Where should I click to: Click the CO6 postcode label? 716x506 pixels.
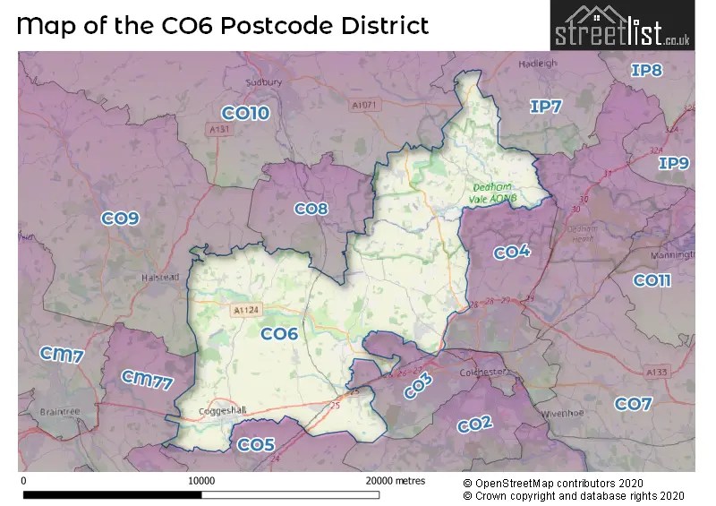click(x=278, y=334)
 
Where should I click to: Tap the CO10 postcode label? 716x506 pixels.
click(x=245, y=113)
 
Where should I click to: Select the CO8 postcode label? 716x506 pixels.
click(x=311, y=209)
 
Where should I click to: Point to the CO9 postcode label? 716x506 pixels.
click(x=120, y=218)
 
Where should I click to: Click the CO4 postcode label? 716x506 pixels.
click(x=512, y=253)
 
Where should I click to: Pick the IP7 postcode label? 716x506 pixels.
click(x=545, y=107)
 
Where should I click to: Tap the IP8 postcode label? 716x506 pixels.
click(x=646, y=70)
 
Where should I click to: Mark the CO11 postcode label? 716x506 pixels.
click(x=652, y=280)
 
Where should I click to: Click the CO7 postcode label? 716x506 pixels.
click(x=633, y=404)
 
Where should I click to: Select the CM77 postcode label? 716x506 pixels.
click(x=146, y=381)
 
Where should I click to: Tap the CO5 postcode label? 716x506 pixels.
click(x=256, y=444)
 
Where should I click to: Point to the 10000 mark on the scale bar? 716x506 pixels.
click(x=201, y=481)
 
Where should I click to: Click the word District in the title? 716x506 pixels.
click(x=382, y=24)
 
